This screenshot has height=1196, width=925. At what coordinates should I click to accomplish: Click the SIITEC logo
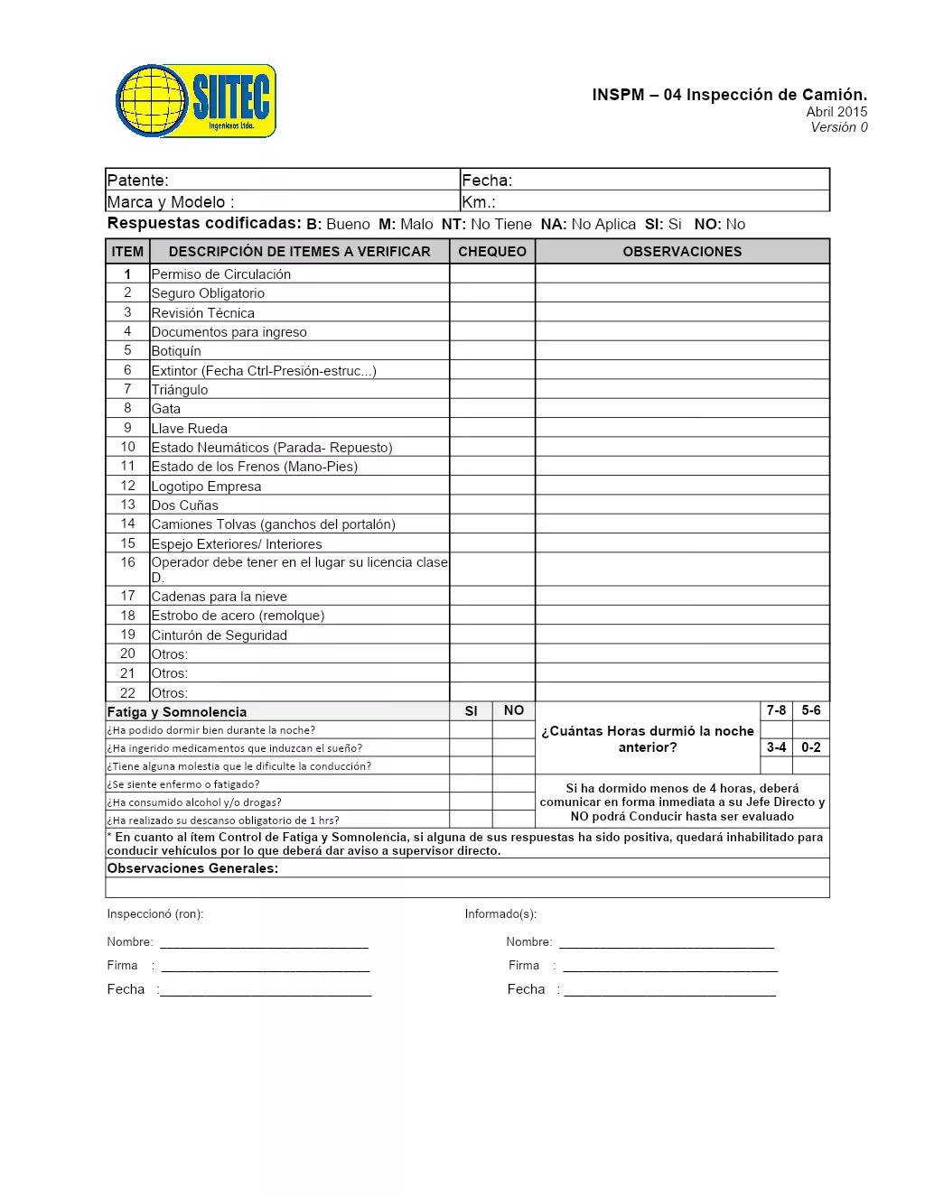click(x=196, y=101)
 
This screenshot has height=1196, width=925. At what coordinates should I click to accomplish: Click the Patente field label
click(x=138, y=181)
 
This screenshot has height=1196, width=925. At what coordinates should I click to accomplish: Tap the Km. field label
click(x=479, y=202)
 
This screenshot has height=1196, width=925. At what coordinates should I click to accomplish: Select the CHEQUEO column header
click(x=492, y=252)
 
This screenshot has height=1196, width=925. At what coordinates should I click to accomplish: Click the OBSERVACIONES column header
click(x=682, y=252)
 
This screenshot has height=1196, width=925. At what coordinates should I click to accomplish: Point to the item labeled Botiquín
click(x=176, y=351)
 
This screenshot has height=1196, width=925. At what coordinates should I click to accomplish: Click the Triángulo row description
click(x=180, y=390)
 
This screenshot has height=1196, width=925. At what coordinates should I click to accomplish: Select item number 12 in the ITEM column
click(x=127, y=486)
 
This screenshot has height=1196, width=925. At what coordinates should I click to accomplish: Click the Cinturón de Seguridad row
click(x=220, y=635)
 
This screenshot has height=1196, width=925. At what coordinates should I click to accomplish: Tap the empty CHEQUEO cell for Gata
click(x=492, y=409)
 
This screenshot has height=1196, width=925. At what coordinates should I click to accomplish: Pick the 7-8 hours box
click(x=776, y=711)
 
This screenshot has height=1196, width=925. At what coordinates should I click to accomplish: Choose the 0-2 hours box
click(x=811, y=747)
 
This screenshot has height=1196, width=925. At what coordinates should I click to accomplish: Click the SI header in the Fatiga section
click(x=471, y=711)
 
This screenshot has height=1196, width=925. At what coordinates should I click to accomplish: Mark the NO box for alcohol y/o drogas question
click(x=514, y=802)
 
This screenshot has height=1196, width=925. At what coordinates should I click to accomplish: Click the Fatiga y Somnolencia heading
click(x=177, y=712)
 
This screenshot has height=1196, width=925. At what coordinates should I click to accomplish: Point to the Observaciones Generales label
click(x=192, y=868)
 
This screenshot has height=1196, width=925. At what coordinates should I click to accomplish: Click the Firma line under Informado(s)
click(x=669, y=967)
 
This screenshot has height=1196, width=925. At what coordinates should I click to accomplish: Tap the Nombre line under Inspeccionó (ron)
click(x=264, y=943)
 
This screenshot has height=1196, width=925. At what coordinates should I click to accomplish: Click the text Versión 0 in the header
click(x=838, y=127)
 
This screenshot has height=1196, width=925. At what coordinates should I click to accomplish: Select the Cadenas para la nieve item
click(x=220, y=597)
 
